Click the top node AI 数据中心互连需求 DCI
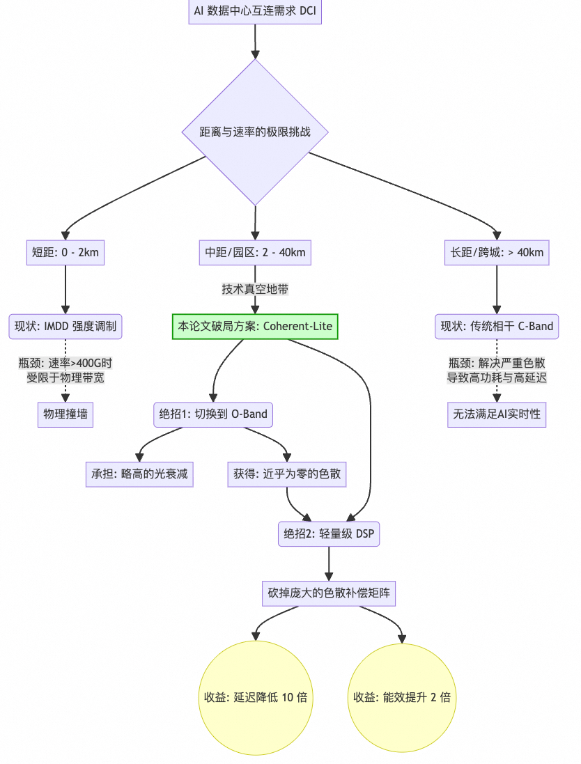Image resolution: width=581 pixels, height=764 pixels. pyautogui.click(x=255, y=12)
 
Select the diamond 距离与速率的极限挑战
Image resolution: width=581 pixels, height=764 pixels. pyautogui.click(x=255, y=132)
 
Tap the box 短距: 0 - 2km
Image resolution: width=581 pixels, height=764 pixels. pyautogui.click(x=65, y=252)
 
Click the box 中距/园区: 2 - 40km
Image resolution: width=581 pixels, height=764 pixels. pyautogui.click(x=255, y=252)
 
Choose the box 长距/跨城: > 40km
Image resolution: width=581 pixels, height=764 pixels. pyautogui.click(x=497, y=252)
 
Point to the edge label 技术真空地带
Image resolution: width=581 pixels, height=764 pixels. pyautogui.click(x=255, y=288)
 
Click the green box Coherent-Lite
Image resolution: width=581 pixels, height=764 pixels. pyautogui.click(x=255, y=326)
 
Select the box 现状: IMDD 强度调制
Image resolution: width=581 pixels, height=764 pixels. pyautogui.click(x=65, y=326)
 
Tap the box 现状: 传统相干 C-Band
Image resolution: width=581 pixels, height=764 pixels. pyautogui.click(x=497, y=326)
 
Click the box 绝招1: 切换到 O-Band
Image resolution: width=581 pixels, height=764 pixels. pyautogui.click(x=213, y=414)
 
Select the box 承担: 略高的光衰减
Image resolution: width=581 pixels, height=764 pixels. pyautogui.click(x=139, y=474)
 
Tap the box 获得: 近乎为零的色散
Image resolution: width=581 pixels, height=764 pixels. pyautogui.click(x=288, y=474)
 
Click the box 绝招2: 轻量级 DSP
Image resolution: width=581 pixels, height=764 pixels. pyautogui.click(x=329, y=534)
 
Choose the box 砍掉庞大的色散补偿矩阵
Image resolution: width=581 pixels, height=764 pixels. pyautogui.click(x=329, y=593)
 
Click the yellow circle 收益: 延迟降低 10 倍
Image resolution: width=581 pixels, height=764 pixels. pyautogui.click(x=256, y=697)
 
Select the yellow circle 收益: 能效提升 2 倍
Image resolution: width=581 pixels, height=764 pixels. pyautogui.click(x=402, y=697)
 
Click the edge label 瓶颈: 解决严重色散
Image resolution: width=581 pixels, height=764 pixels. pyautogui.click(x=497, y=370)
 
